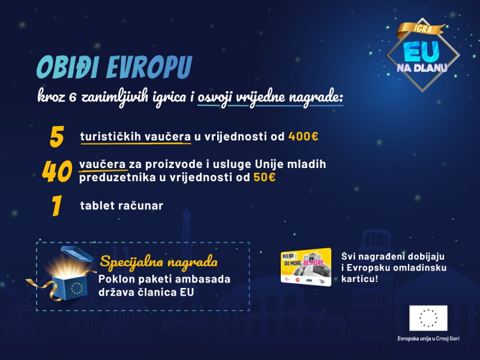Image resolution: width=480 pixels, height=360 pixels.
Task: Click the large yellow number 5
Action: pyautogui.click(x=57, y=137)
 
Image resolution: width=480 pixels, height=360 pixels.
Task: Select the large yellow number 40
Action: pyautogui.click(x=57, y=172)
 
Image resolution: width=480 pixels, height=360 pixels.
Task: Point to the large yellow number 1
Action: pyautogui.click(x=57, y=206)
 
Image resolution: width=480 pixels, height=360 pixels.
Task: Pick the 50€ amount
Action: pyautogui.click(x=263, y=178)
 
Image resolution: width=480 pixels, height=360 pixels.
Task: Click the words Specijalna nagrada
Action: pyautogui.click(x=158, y=262)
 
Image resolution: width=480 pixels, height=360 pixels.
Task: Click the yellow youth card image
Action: pyautogui.click(x=306, y=266)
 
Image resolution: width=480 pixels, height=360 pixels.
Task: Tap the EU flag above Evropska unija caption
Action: pyautogui.click(x=428, y=318)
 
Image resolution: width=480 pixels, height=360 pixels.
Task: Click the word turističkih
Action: pyautogui.click(x=110, y=137)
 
